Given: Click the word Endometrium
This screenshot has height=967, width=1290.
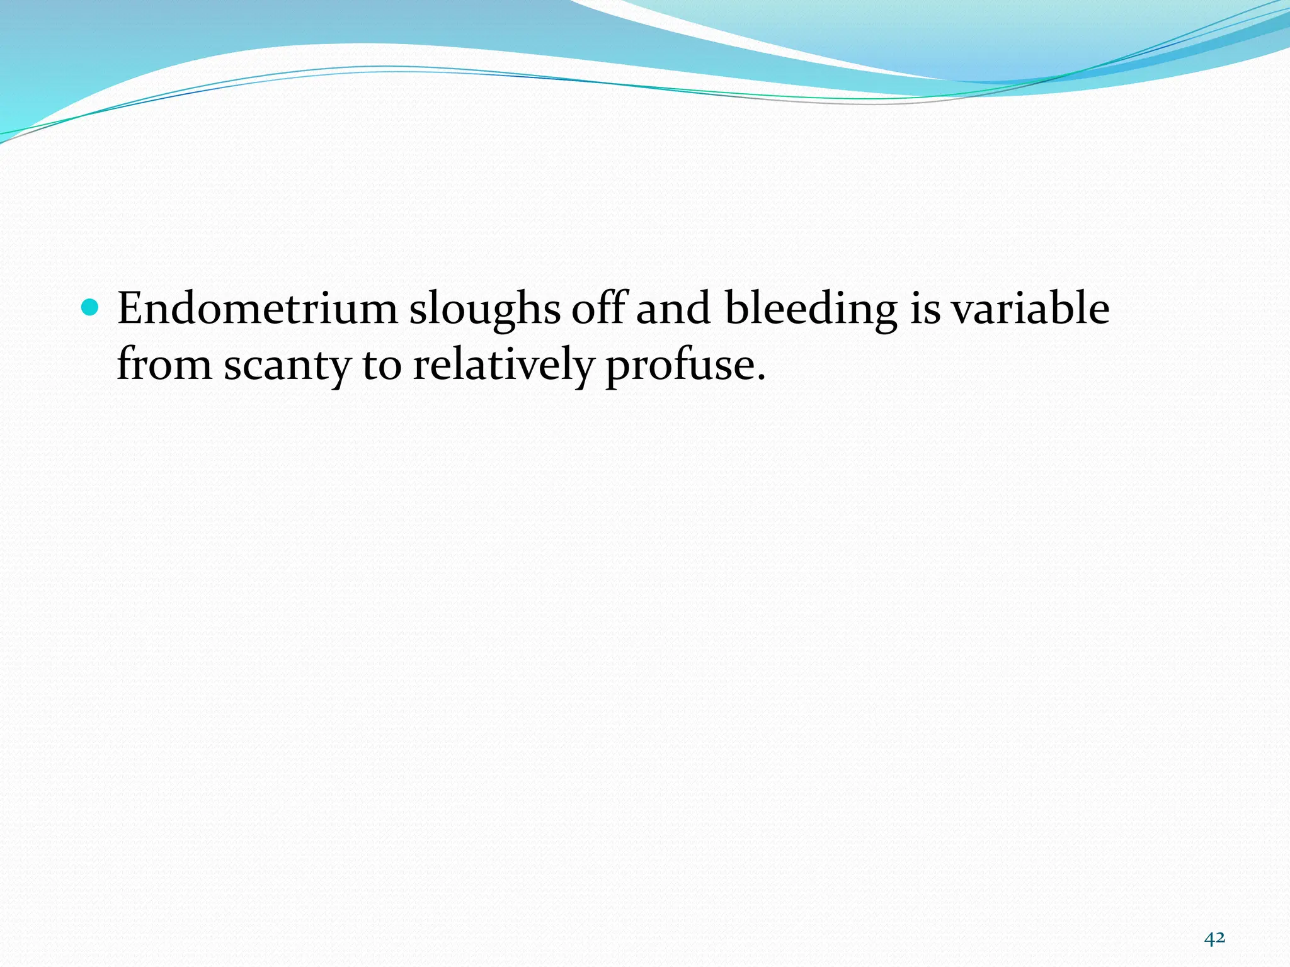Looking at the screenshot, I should (x=257, y=309).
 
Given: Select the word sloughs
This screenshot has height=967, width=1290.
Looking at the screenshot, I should (x=484, y=309).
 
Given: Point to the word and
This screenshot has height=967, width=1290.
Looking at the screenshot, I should (x=673, y=309).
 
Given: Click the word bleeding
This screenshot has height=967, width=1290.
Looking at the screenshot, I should (x=811, y=309).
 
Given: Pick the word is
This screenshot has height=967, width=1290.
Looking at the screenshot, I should (x=925, y=309).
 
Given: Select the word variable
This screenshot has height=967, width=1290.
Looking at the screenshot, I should (x=1030, y=309).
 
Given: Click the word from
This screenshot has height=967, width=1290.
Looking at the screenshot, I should (x=164, y=365).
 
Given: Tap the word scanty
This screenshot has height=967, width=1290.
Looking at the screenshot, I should (x=287, y=365).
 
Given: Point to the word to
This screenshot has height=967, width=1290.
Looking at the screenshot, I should (x=382, y=365).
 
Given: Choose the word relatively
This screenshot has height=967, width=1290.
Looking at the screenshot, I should (x=503, y=365).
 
